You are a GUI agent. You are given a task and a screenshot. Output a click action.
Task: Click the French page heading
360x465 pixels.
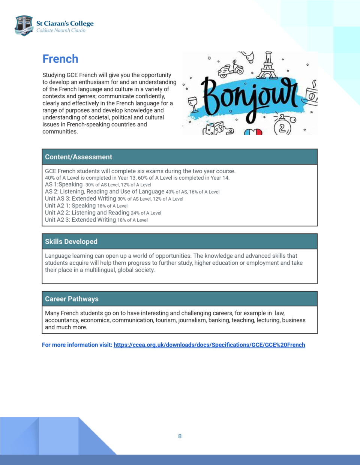60,59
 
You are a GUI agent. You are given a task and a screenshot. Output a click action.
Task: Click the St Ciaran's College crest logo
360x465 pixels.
24,25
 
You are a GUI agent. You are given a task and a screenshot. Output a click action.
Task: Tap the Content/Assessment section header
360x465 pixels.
78,157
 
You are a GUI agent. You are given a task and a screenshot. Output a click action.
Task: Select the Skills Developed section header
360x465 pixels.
71,241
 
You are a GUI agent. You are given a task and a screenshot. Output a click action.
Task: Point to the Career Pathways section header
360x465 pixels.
72,299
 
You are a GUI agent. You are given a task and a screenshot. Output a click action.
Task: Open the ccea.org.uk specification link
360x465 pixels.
209,345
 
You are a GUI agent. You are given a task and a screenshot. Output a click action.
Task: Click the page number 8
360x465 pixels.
180,436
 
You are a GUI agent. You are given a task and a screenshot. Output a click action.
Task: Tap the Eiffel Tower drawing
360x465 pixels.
268,65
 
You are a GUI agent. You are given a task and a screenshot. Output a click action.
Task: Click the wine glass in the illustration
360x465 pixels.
193,104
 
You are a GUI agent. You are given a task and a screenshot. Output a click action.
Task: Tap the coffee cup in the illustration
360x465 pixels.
311,95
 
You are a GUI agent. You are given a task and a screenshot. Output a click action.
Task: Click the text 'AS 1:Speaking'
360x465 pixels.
64,184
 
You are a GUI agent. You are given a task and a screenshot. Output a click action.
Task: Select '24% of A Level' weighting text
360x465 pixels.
146,213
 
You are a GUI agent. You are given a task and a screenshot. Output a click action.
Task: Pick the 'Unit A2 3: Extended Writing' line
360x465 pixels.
81,220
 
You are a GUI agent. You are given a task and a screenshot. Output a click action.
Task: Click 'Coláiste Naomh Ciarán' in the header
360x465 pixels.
61,31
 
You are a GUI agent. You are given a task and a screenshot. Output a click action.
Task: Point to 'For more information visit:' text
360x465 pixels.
77,345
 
